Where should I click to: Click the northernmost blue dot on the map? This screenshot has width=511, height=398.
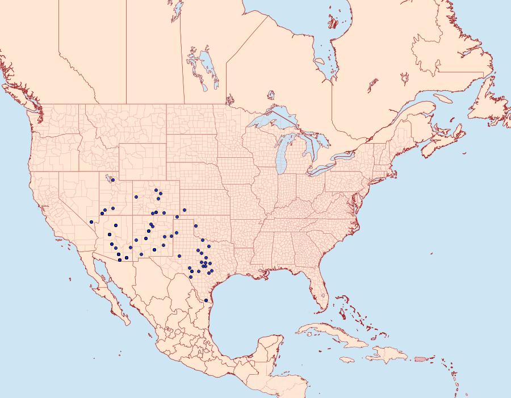113,180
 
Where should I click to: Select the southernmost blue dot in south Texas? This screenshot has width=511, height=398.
206,300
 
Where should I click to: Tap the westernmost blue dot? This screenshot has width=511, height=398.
91,221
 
